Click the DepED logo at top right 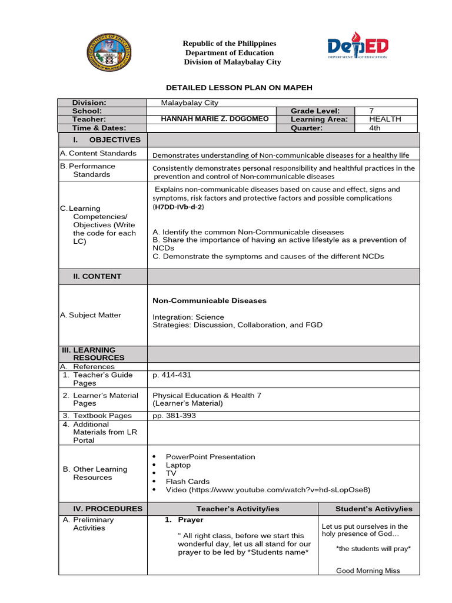pos(358,45)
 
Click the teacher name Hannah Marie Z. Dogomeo pos(215,119)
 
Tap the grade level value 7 pos(371,111)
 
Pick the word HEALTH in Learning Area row pos(385,119)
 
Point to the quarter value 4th pos(375,128)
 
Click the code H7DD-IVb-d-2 pos(178,207)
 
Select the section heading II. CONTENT pos(97,276)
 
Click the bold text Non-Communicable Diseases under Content pos(210,300)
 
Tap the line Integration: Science pos(188,317)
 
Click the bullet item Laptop pos(178,465)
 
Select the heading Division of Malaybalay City pos(232,62)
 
